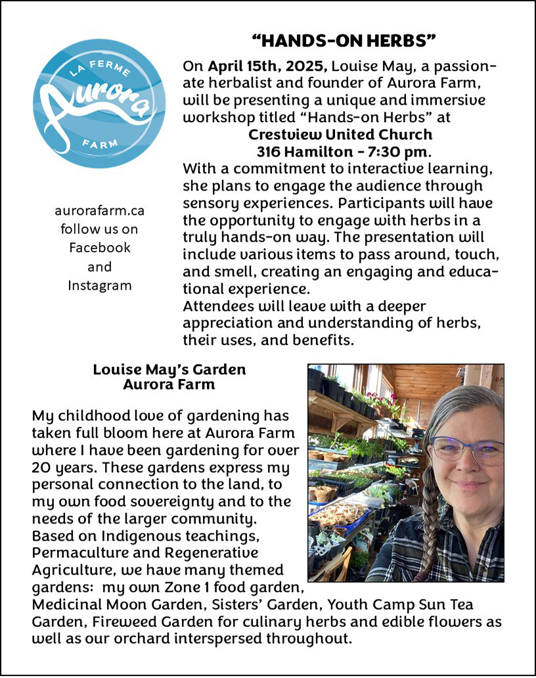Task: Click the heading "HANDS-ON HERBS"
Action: (344, 41)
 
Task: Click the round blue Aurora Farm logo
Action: (99, 104)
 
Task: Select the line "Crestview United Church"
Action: (340, 135)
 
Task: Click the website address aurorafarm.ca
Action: (100, 211)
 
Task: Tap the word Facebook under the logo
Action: (100, 248)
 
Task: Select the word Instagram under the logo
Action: (100, 285)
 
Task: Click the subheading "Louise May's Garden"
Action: (169, 369)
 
